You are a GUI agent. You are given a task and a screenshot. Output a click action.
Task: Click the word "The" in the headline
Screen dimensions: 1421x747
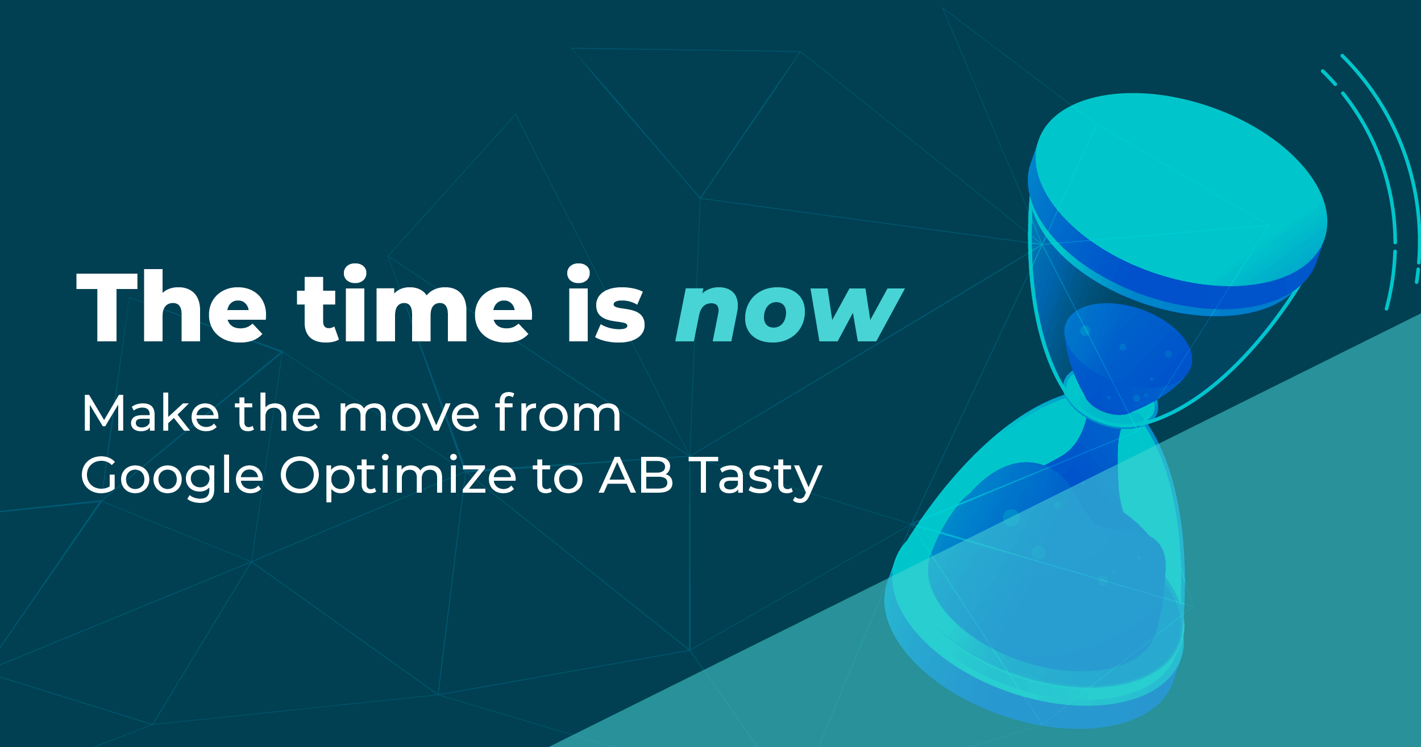click(171, 307)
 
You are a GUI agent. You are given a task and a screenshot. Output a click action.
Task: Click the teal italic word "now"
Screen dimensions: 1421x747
click(790, 313)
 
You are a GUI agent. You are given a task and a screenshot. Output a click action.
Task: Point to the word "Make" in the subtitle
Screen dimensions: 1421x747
click(150, 412)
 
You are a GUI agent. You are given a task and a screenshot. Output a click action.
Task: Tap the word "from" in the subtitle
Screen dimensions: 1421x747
click(558, 412)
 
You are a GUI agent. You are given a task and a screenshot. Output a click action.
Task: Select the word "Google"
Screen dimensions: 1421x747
click(172, 477)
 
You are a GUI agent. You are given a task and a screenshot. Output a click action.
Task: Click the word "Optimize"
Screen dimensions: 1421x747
click(397, 477)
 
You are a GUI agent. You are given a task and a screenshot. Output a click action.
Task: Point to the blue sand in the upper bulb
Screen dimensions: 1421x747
click(1128, 353)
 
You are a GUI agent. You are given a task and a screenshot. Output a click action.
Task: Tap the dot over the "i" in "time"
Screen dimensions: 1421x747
click(355, 273)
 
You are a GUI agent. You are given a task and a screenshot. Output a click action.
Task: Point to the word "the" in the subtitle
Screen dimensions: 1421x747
click(278, 412)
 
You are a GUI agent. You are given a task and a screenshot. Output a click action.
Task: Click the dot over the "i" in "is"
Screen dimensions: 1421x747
click(579, 273)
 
